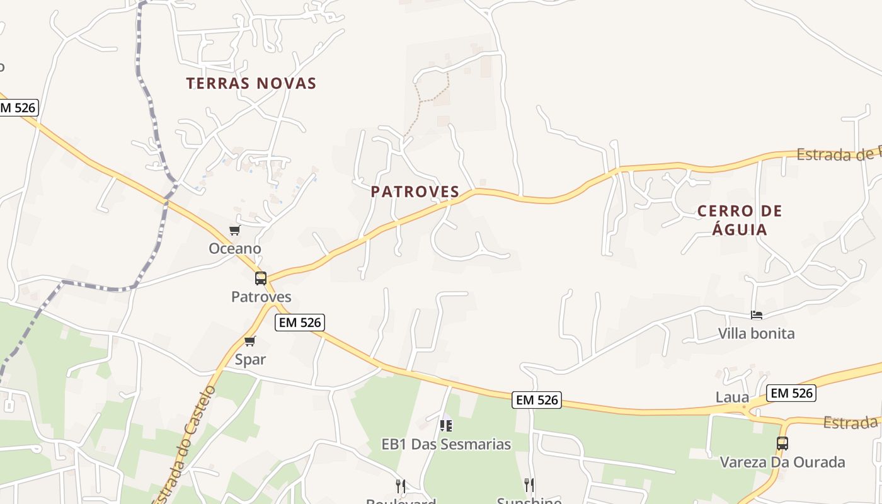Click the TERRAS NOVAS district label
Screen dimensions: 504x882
pyautogui.click(x=251, y=83)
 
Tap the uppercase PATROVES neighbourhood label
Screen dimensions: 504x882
pyautogui.click(x=415, y=192)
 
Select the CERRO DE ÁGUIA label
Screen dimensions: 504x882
pyautogui.click(x=740, y=220)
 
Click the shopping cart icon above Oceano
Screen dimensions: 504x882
pyautogui.click(x=235, y=231)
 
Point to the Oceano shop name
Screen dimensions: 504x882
pyautogui.click(x=235, y=248)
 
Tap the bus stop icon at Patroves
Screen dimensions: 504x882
pyautogui.click(x=260, y=278)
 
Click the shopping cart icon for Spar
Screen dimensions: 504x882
pyautogui.click(x=250, y=341)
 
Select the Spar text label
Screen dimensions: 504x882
pyautogui.click(x=250, y=360)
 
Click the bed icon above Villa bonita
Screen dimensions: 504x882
pyautogui.click(x=757, y=315)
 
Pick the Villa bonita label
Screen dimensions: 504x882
pyautogui.click(x=757, y=333)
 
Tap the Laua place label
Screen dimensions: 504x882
pyautogui.click(x=732, y=398)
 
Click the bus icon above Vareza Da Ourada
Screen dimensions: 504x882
pyautogui.click(x=782, y=444)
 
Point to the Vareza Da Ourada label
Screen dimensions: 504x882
pyautogui.click(x=782, y=462)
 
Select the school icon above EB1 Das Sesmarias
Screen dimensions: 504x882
pyautogui.click(x=446, y=426)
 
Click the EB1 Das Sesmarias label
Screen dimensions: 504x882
pyautogui.click(x=446, y=444)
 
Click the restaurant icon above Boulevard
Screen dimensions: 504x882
pyautogui.click(x=401, y=485)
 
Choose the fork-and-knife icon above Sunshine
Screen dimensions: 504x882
pyautogui.click(x=529, y=484)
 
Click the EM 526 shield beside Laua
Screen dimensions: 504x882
pyautogui.click(x=792, y=393)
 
